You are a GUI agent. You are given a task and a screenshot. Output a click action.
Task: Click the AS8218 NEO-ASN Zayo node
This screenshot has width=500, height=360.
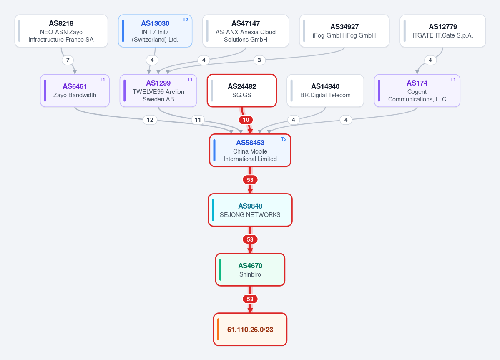point(61,31)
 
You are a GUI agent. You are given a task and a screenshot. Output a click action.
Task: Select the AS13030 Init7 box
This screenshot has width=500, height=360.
point(155,31)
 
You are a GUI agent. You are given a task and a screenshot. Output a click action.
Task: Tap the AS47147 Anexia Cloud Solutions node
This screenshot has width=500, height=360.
point(246,31)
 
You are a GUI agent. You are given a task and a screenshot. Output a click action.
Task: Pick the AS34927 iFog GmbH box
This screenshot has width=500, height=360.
point(344,31)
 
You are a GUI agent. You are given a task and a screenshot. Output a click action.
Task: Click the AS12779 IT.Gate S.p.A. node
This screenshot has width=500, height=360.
point(442,31)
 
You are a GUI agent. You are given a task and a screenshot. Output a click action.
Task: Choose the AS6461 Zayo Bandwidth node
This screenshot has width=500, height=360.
point(75,91)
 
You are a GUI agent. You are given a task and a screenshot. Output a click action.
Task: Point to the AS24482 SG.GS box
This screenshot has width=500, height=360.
point(242,91)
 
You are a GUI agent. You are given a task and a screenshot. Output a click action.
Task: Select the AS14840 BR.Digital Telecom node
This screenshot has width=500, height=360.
point(325,91)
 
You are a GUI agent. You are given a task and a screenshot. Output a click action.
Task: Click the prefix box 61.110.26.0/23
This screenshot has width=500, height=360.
point(250,330)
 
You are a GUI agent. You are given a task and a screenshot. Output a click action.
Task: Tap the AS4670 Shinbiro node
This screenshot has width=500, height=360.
point(250,270)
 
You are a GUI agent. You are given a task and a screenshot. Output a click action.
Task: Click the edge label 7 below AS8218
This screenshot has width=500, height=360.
point(68,60)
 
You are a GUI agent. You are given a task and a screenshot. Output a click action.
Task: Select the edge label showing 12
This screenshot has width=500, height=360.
point(150,120)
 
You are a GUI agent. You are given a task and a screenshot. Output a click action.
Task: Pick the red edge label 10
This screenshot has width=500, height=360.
point(246,120)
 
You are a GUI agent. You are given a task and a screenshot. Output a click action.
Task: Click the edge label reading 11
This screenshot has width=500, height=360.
point(198,120)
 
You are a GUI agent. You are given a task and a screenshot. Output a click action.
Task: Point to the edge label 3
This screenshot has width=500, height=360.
point(259,60)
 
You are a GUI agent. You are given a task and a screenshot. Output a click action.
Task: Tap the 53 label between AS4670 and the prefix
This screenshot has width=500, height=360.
point(250,299)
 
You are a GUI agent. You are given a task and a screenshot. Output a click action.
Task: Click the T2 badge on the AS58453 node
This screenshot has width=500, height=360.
point(284,139)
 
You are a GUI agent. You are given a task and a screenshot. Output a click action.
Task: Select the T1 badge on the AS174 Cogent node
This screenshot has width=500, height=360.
point(453,80)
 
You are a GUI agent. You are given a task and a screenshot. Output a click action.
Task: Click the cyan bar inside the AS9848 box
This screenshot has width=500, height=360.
point(213,210)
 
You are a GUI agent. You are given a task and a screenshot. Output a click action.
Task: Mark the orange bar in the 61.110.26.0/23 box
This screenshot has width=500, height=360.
point(218,330)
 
